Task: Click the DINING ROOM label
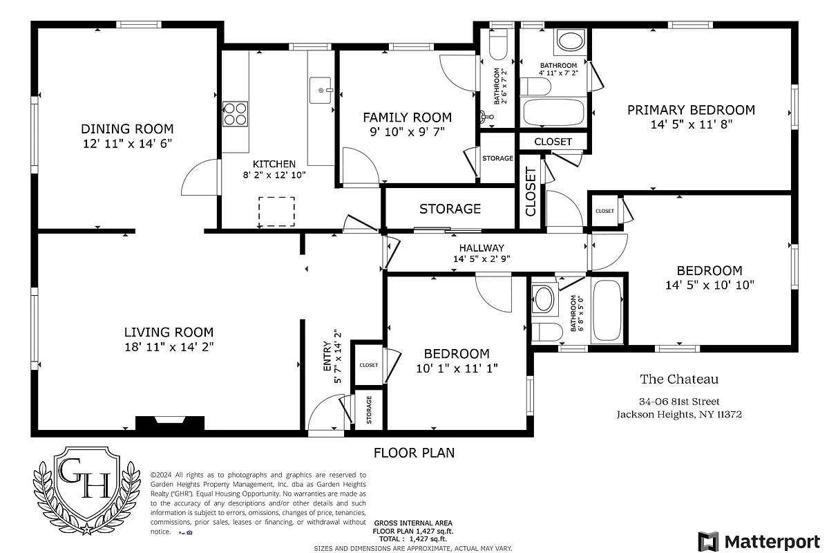click(x=127, y=129)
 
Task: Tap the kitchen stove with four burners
click(x=236, y=113)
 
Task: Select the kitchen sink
click(x=321, y=90)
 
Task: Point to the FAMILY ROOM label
click(x=407, y=118)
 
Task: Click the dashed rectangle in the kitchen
click(x=276, y=212)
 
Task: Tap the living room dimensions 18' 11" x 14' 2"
click(x=169, y=347)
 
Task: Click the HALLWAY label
click(x=482, y=248)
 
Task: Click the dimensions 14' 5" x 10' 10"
click(x=709, y=284)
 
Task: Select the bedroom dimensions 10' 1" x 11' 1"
click(x=457, y=368)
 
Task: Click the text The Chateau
click(x=679, y=379)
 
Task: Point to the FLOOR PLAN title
click(x=414, y=453)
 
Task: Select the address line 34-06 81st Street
click(x=679, y=402)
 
